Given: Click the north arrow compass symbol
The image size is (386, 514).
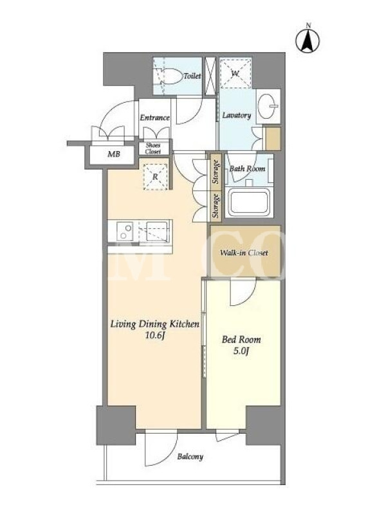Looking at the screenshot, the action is click(308, 40).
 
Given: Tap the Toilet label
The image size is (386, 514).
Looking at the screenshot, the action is click(192, 76).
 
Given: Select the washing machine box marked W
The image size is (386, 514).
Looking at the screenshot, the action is click(235, 73).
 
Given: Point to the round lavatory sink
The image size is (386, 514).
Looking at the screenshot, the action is click(267, 106).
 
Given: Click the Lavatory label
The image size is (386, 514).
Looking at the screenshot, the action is click(237, 116).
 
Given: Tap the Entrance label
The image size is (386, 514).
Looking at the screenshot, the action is click(154, 118).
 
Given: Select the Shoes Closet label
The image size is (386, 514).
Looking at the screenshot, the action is click(153, 148).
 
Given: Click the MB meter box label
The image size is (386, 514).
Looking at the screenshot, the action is click(114, 154).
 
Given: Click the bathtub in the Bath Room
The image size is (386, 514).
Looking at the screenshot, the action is click(249, 202).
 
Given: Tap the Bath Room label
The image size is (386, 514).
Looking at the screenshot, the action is click(247, 168).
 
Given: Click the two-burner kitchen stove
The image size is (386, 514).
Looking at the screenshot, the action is click(125, 231).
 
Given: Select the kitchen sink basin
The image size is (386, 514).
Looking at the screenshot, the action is click(157, 231).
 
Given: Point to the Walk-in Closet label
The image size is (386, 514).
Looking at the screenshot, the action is click(244, 253).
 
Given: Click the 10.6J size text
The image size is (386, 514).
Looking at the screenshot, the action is click(154, 335).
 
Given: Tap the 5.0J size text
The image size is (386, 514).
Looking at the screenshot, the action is click(241, 351).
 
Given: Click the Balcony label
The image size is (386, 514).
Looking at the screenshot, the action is click(190, 456).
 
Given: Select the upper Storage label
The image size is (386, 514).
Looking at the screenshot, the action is click(216, 172).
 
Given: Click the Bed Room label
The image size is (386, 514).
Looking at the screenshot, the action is click(241, 339).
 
